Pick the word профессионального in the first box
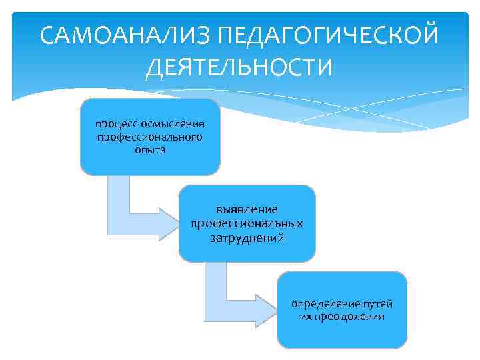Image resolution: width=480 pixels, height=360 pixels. click(149, 137)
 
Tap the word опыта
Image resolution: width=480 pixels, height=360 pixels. click(149, 149)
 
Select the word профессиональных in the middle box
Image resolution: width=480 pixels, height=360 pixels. click(247, 223)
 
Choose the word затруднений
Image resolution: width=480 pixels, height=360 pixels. click(247, 237)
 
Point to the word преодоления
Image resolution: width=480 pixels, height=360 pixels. click(351, 316)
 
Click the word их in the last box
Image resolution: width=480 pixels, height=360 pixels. click(307, 316)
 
